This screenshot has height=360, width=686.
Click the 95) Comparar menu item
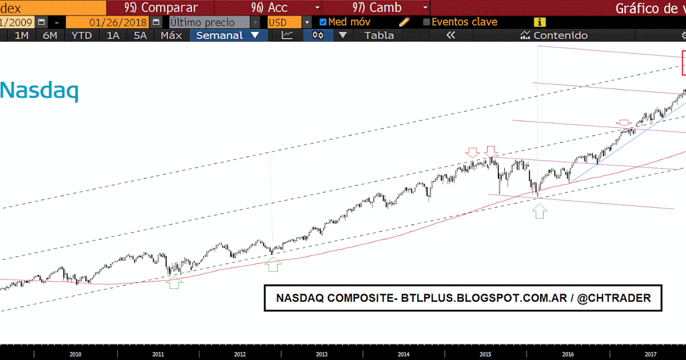161,8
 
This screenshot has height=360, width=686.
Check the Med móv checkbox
323,22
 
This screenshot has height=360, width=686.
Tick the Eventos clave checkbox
426,22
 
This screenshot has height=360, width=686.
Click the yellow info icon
539,22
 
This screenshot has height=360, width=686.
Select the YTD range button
82,35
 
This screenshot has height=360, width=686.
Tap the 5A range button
140,35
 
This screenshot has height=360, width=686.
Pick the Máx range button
171,35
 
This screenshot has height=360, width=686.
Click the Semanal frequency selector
228,35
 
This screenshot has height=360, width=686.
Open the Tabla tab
379,35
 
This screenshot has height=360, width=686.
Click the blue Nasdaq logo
39,91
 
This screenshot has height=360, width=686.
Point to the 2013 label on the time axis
321,355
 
